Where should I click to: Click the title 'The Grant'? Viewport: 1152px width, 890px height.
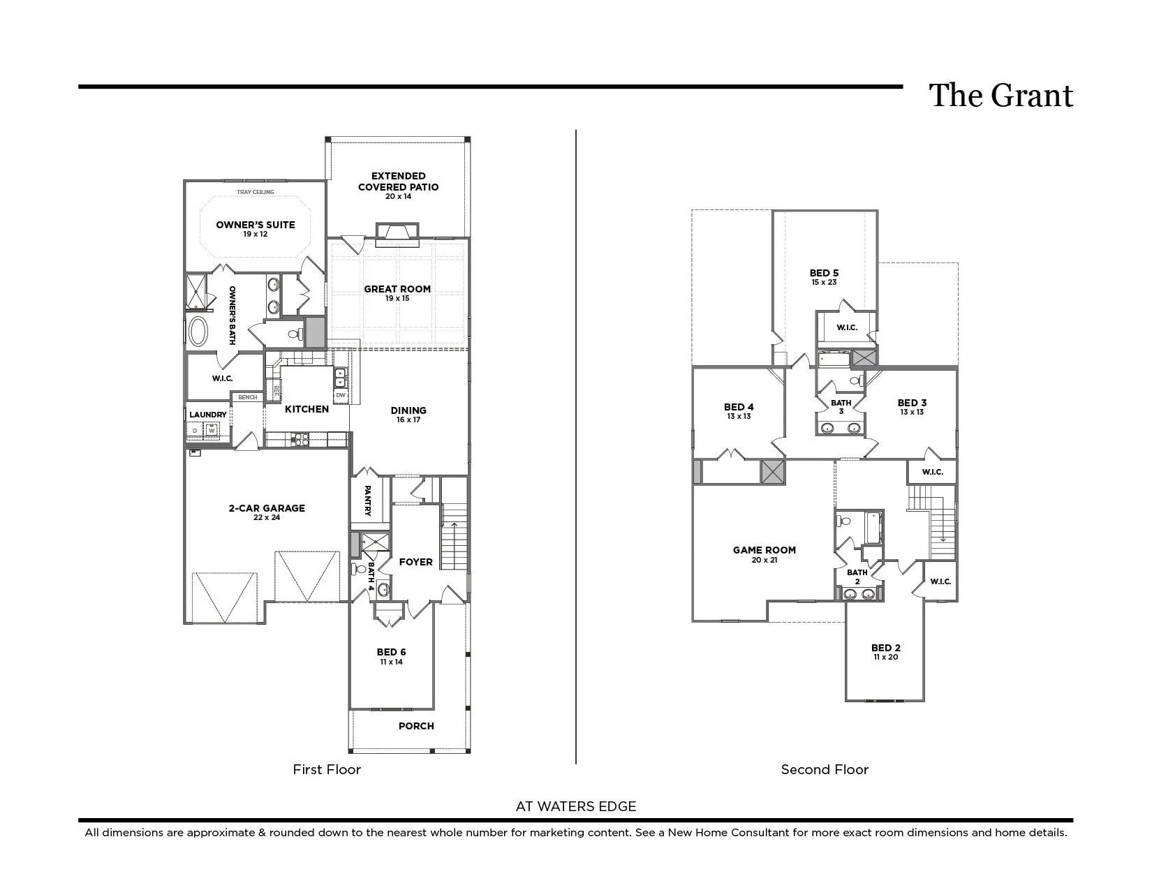(1000, 96)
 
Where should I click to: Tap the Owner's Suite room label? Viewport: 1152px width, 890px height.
(256, 225)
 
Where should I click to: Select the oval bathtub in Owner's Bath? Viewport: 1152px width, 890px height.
(198, 332)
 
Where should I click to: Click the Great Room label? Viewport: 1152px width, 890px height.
(397, 289)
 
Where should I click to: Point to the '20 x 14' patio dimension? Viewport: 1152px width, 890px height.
(398, 197)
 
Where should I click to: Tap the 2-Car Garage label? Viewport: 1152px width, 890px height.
(267, 508)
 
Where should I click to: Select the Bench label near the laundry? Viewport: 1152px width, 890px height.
(248, 398)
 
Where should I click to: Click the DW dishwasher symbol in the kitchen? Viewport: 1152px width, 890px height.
(341, 395)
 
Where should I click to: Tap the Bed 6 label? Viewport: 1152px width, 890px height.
(391, 653)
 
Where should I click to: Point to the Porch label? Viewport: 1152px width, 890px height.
(416, 726)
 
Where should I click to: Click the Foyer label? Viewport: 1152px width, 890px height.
(415, 562)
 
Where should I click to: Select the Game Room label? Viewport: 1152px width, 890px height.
(765, 550)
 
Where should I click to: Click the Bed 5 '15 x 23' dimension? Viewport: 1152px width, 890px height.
(824, 283)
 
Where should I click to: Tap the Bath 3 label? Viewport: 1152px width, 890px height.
(841, 407)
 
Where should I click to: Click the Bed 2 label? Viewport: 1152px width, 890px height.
(886, 648)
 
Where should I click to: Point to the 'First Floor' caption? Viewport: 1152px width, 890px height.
(327, 770)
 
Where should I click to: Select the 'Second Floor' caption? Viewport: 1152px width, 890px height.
(825, 770)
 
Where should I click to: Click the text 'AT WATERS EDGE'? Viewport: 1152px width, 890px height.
(576, 807)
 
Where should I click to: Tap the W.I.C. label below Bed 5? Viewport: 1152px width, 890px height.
(847, 327)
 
